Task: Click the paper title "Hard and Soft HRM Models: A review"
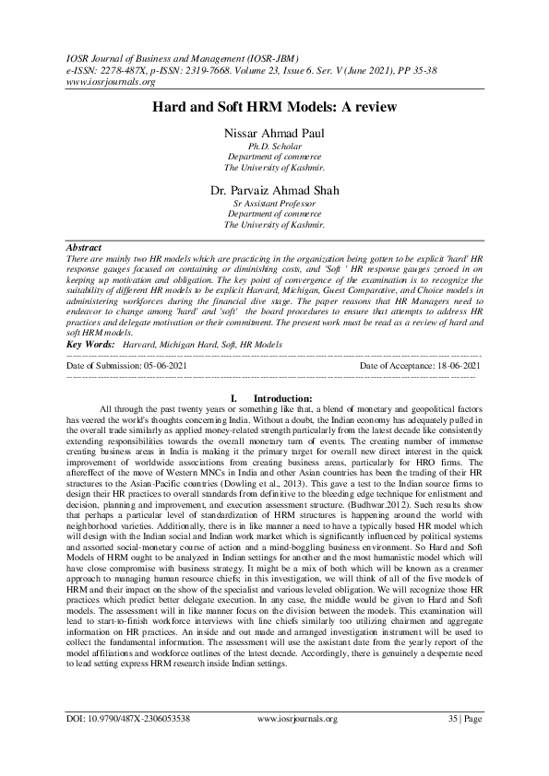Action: (x=274, y=107)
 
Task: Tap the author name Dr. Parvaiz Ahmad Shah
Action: (x=274, y=191)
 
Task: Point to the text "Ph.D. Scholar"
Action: (x=274, y=147)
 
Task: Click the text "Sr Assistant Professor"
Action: (x=274, y=203)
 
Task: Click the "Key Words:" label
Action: (x=90, y=344)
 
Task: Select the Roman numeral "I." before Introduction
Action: (x=236, y=397)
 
